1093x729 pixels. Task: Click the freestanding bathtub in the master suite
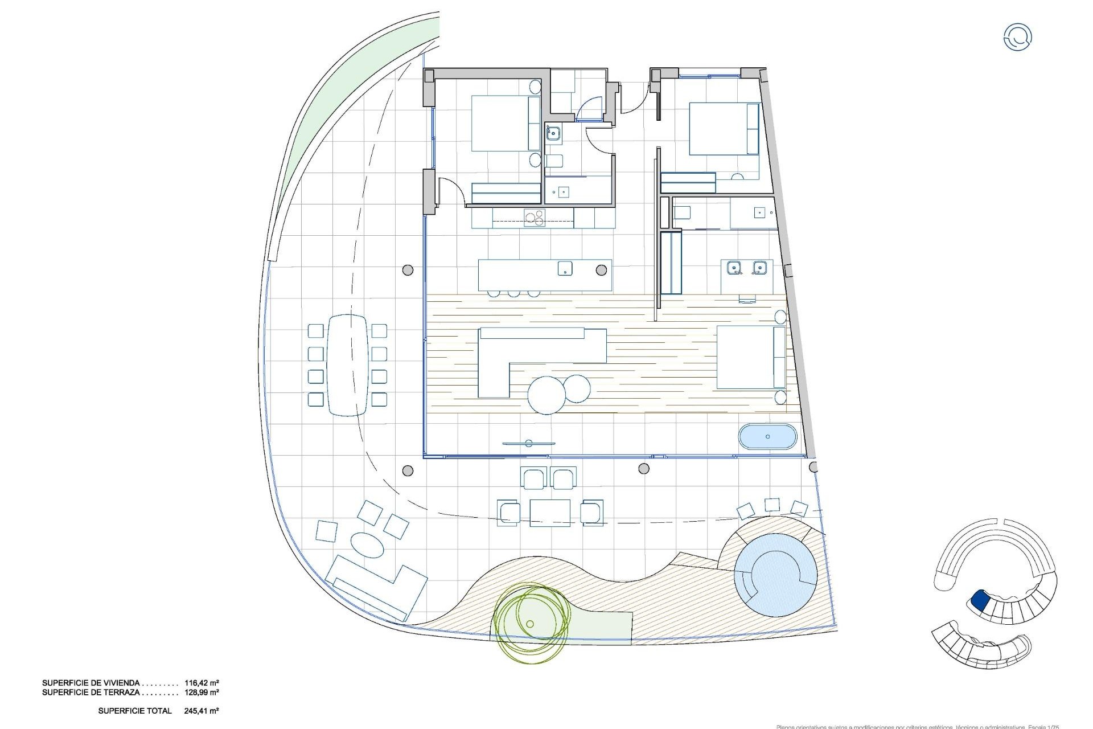pos(767,437)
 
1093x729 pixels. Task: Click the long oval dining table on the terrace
pos(347,364)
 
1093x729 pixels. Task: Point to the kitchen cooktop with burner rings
pos(136,217)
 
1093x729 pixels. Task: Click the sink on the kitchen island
pos(564,268)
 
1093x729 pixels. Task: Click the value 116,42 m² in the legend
pos(202,682)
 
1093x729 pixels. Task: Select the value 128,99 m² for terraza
pos(202,693)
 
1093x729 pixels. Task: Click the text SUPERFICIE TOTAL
pos(135,711)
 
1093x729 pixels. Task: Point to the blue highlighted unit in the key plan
pos(980,599)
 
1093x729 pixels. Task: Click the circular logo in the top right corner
pos(1017,38)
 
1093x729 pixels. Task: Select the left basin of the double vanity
pos(733,267)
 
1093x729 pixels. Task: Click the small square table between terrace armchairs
pos(549,513)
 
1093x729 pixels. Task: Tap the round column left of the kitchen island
pos(408,270)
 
